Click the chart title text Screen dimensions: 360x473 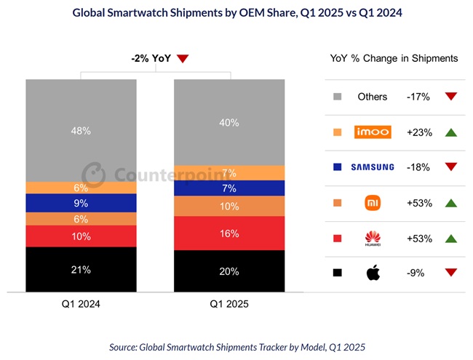tap(236, 12)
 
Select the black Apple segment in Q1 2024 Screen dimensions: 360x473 tap(81, 270)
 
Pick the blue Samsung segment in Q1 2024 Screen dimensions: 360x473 tap(81, 203)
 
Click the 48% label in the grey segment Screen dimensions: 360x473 tap(81, 131)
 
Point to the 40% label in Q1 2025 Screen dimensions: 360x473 tap(228, 122)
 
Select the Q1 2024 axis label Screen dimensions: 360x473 tap(81, 305)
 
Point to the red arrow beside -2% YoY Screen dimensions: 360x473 tap(183, 60)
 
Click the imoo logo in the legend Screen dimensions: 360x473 tap(373, 132)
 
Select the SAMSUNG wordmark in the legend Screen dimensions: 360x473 tap(373, 167)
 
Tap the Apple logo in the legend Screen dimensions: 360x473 tap(373, 273)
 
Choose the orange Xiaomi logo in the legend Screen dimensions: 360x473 tap(373, 202)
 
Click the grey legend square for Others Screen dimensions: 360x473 tap(337, 97)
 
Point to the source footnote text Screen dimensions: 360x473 tap(236, 348)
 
